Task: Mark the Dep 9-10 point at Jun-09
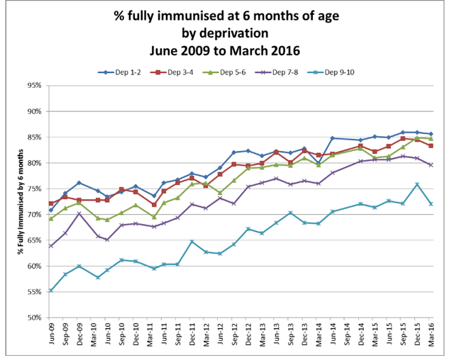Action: click(51, 291)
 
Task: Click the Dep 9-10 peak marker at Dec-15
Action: click(417, 184)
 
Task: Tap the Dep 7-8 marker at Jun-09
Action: click(51, 246)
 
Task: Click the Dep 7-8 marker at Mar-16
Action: click(431, 164)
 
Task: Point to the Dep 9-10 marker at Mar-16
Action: click(431, 203)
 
